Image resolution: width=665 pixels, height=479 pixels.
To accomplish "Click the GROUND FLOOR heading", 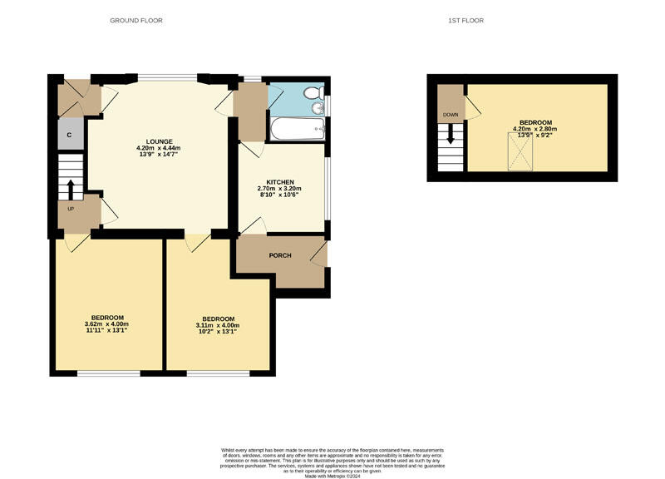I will coord(136,20).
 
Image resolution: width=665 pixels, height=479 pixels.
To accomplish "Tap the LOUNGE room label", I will coord(158,141).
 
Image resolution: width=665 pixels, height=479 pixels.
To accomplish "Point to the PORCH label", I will coord(280,255).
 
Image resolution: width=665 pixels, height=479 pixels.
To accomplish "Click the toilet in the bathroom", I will coord(313,93).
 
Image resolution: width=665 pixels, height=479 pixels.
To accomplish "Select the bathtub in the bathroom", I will coord(296,128).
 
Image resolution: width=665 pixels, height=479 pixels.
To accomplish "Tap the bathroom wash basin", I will coord(317,108).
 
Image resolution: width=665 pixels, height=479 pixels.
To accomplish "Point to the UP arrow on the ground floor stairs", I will coord(70,190).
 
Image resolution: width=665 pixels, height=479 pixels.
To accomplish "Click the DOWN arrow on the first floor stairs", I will coord(451,134).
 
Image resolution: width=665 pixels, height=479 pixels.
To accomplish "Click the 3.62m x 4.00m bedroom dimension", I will coord(107,323).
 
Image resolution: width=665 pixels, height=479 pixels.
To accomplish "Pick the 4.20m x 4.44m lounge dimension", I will coord(158,148).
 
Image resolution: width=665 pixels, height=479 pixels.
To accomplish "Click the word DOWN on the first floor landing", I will coord(450,115).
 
